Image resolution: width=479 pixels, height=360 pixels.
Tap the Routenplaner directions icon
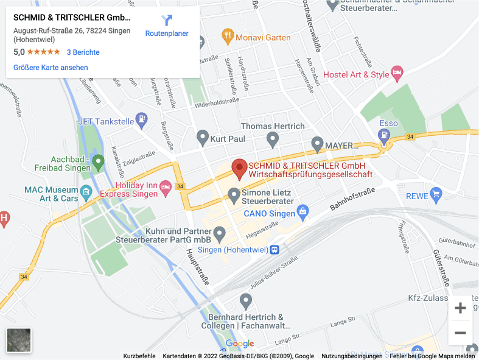(167, 21)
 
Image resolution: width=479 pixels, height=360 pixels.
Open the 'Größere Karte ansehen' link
(51, 68)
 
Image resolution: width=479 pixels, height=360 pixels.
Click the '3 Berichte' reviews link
(83, 52)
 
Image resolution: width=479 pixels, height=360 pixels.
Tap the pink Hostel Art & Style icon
(397, 74)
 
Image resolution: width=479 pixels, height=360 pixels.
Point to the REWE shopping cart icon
(435, 195)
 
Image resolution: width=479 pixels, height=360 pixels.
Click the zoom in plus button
(460, 308)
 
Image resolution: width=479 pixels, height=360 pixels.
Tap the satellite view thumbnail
(19, 341)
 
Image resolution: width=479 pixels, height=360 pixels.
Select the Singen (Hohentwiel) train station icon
(274, 249)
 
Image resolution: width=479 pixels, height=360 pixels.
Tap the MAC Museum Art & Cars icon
(86, 193)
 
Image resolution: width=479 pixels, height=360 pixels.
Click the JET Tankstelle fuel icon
(141, 120)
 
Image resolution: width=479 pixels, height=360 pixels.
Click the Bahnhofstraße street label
(352, 199)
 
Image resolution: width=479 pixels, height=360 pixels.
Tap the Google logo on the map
(240, 344)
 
